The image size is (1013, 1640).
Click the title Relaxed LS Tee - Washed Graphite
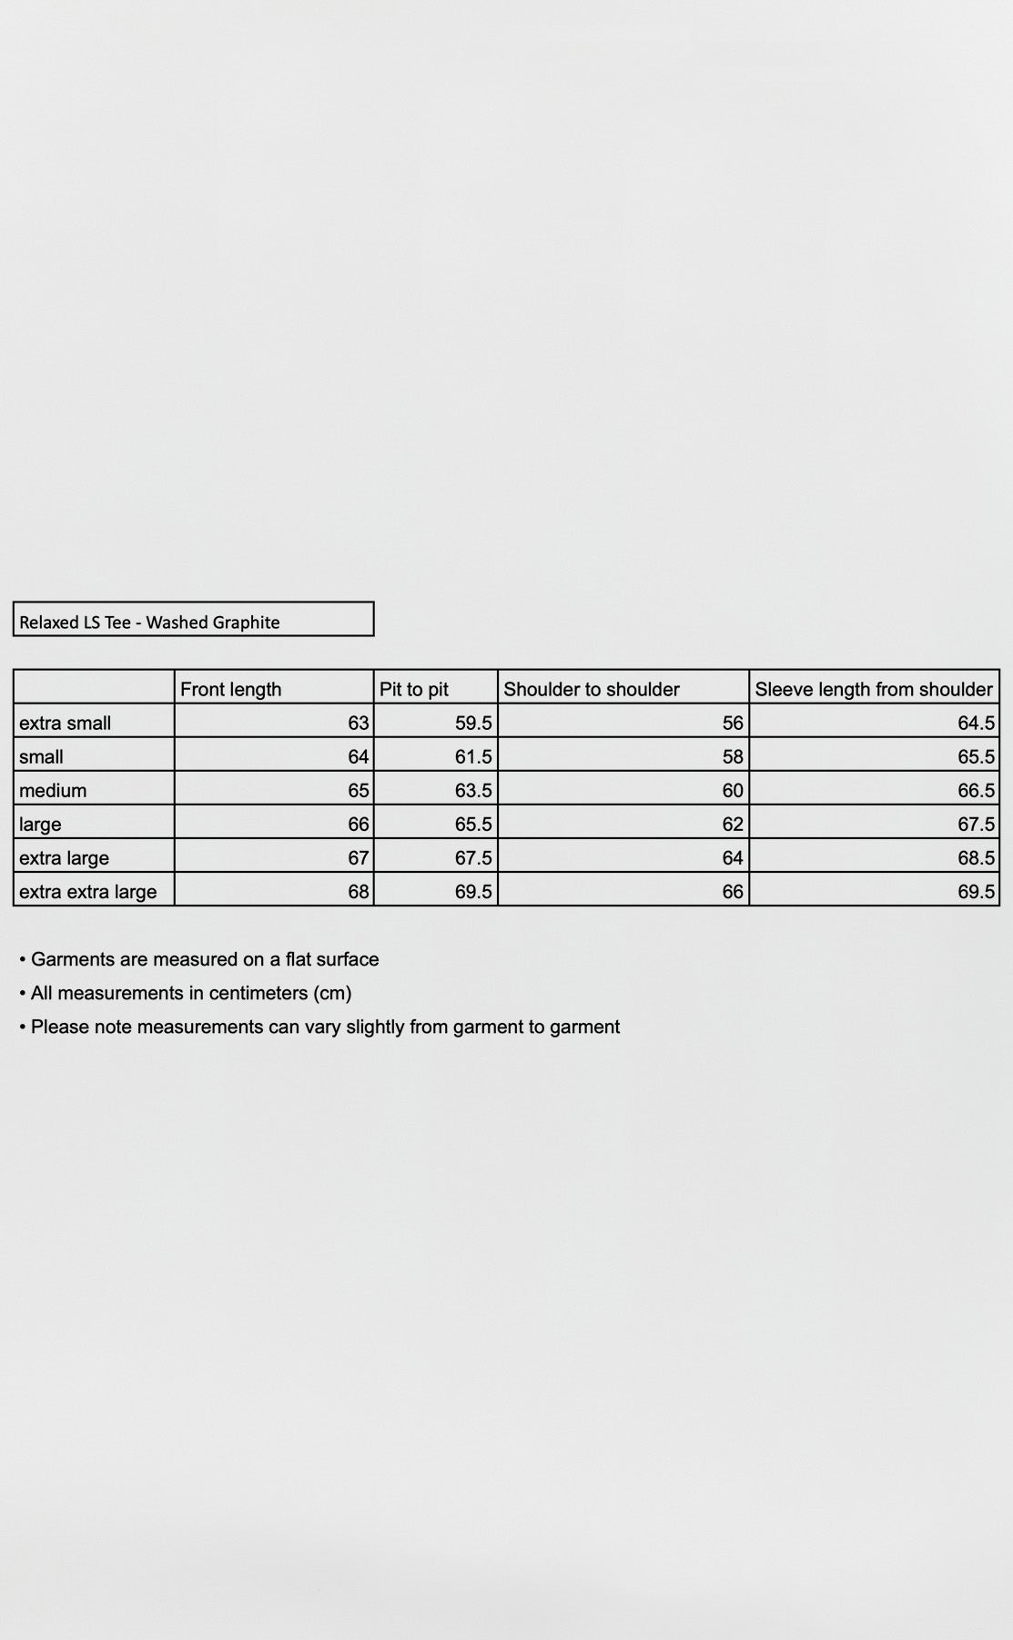149,623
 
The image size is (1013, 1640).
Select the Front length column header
231,689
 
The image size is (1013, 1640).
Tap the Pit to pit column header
414,689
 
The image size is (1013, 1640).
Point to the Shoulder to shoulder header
592,689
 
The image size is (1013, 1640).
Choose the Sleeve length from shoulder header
874,689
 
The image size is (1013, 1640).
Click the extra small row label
66,724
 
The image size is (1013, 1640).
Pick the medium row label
53,791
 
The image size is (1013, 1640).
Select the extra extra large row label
88,892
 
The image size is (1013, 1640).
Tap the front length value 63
359,724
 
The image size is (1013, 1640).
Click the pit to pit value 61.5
473,757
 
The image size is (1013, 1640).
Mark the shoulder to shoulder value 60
733,791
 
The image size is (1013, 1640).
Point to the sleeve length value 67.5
976,825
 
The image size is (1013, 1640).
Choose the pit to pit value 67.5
473,858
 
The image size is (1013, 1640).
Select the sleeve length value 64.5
976,724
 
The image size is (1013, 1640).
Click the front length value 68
359,892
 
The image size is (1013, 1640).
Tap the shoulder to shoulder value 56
733,724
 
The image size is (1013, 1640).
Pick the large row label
40,825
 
